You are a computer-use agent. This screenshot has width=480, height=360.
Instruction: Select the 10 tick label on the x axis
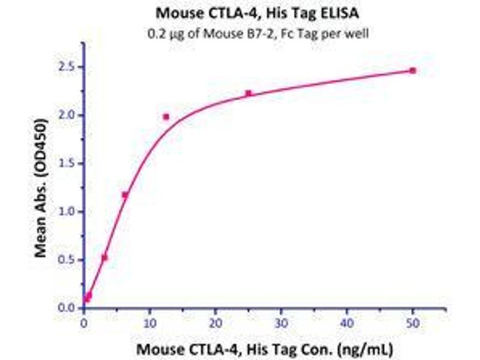point(149,323)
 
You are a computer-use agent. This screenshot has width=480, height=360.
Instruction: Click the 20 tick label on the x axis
point(215,323)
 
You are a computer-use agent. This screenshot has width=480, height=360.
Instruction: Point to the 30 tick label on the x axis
point(281,323)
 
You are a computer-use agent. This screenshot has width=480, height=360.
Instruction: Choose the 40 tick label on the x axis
point(347,323)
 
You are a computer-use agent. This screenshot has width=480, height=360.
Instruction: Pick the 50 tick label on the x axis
point(412,323)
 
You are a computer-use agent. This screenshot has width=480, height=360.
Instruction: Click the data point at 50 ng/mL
point(412,70)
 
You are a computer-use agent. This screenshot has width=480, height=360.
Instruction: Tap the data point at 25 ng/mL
point(248,93)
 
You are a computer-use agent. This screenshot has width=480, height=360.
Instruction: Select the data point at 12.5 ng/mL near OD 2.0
point(166,116)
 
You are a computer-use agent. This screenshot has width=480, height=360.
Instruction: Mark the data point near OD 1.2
point(125,195)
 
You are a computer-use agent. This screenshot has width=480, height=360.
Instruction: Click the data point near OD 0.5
point(104,258)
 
